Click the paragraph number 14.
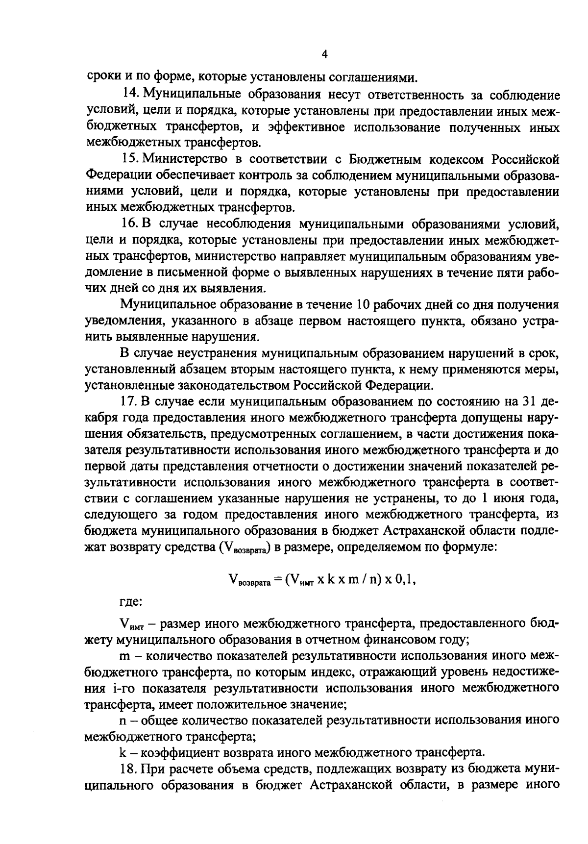pos(128,95)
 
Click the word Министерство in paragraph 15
pos(182,159)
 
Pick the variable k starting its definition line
pos(122,751)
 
